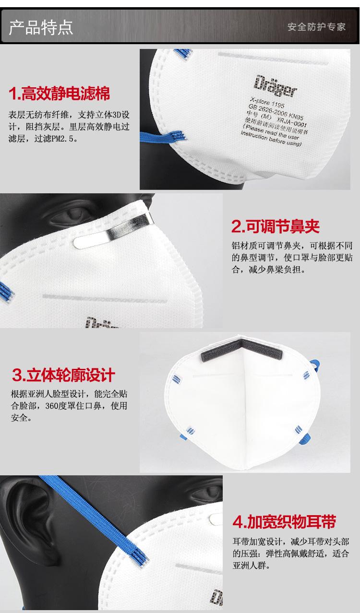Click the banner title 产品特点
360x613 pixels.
point(41,28)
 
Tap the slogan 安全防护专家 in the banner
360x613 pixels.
point(316,27)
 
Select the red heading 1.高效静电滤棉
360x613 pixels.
point(60,94)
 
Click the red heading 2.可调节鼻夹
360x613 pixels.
point(276,226)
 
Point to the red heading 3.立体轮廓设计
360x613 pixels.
point(63,375)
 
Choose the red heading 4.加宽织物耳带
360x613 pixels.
point(284,521)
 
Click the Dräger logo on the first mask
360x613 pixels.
point(276,86)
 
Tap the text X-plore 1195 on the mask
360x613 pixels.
point(267,102)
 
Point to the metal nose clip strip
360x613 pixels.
point(114,231)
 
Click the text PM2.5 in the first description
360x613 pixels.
point(62,139)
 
